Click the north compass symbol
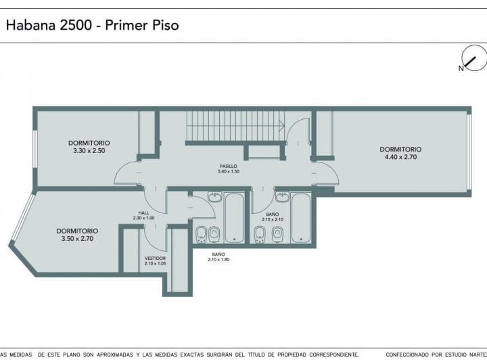473,58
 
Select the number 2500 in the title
76,25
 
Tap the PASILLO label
229,166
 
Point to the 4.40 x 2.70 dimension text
400,157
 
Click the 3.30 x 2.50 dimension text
89,151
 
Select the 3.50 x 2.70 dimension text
77,239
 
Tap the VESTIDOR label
156,258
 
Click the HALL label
143,212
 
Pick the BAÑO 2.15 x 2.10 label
273,217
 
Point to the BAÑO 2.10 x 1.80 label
218,257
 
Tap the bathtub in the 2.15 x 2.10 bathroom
301,218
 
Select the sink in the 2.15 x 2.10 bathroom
282,197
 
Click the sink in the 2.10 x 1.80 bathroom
215,197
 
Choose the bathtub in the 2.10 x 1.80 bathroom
234,218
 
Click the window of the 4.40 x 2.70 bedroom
469,152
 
